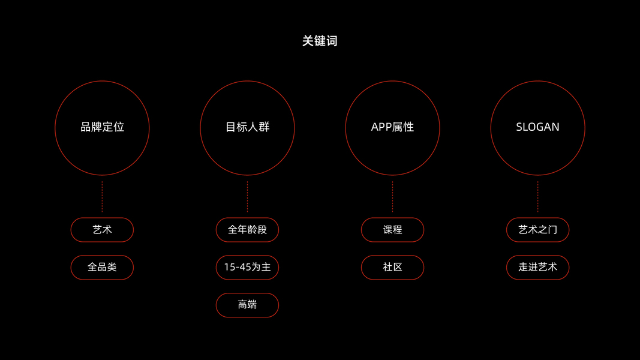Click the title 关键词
(320, 41)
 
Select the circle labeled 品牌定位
(102, 127)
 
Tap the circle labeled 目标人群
(247, 127)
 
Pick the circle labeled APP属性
(392, 127)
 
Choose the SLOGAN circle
(537, 127)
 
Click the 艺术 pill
(102, 230)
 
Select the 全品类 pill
(102, 267)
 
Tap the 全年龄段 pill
(247, 230)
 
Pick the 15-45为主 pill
(247, 267)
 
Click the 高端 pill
(247, 305)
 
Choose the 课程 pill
(392, 230)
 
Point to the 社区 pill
(392, 267)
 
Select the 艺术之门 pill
(537, 230)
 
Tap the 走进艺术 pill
(537, 267)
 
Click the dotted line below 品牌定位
(102, 197)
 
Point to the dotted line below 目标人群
(247, 197)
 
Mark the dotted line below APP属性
(392, 197)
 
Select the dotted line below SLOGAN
(537, 197)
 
